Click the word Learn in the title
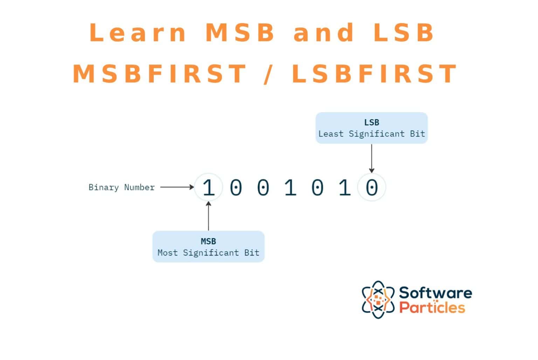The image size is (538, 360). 138,33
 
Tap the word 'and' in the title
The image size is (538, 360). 324,33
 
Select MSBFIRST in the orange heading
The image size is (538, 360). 160,74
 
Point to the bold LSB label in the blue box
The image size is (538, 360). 372,122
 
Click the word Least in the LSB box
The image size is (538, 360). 331,134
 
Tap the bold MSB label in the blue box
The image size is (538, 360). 208,241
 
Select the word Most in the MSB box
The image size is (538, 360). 167,253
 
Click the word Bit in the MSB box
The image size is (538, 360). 252,253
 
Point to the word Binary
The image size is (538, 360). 103,188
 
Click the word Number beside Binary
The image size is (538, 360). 139,188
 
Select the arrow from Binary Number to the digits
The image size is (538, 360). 177,187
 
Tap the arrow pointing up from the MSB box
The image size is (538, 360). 208,216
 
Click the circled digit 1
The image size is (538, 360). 208,187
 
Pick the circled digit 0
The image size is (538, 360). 372,187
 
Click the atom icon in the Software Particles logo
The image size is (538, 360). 378,299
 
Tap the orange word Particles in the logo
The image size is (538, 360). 432,307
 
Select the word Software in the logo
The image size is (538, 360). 435,293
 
